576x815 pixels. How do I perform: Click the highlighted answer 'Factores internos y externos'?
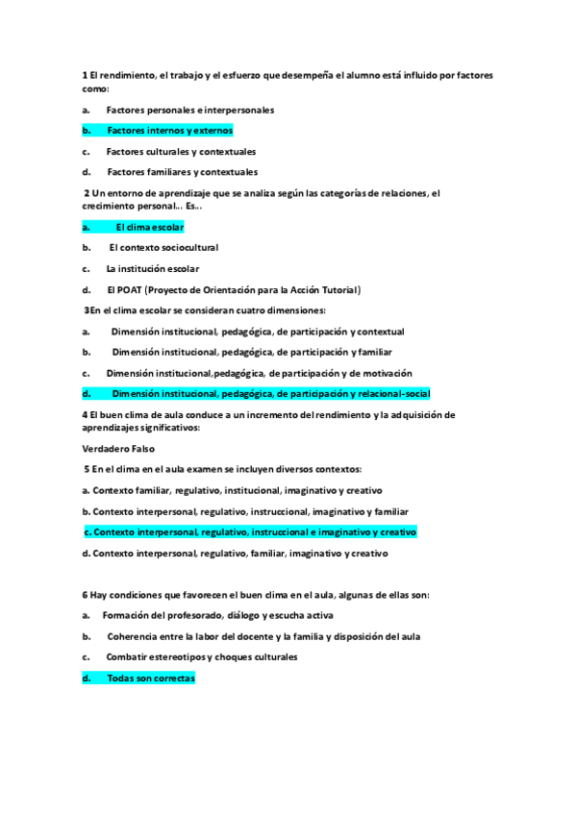[x=169, y=131]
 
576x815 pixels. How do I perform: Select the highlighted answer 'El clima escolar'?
[x=149, y=228]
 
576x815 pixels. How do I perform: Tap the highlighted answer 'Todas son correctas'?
[x=150, y=679]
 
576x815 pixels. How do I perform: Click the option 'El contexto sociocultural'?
[x=163, y=248]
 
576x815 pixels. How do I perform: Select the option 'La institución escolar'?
[x=153, y=269]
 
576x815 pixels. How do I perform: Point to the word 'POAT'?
[x=130, y=290]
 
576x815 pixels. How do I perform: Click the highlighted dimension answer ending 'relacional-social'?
[x=270, y=394]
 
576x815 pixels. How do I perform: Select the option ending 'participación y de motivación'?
[x=259, y=373]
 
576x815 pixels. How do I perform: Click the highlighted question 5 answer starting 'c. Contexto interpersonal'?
[x=249, y=532]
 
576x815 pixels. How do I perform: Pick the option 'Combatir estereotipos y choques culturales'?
[x=201, y=657]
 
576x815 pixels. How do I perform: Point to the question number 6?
[x=85, y=595]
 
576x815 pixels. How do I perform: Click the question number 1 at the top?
[x=85, y=75]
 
